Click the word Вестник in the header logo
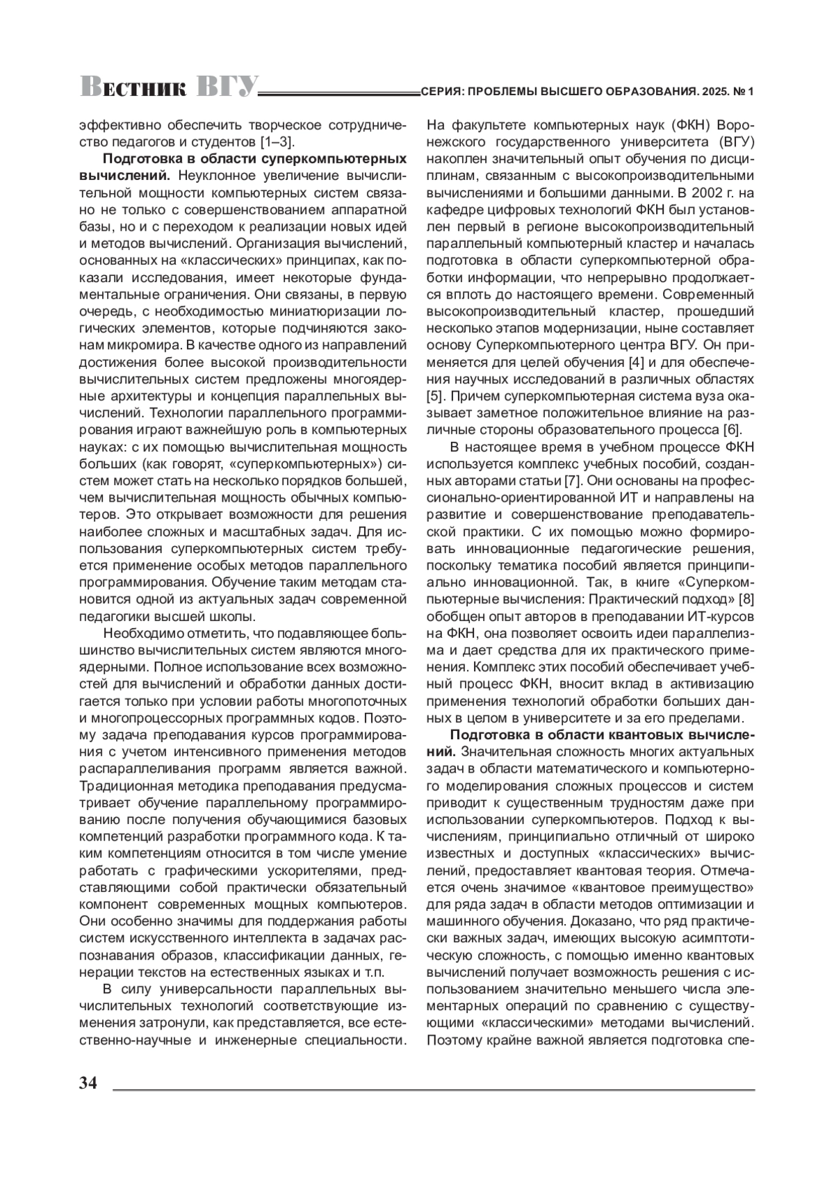133,88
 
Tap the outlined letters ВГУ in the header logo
226,87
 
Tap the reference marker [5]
434,396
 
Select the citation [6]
733,429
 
